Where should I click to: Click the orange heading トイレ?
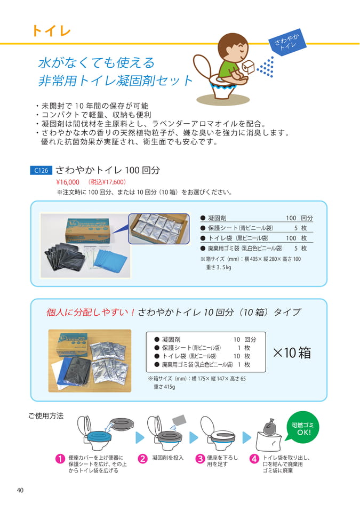point(51,31)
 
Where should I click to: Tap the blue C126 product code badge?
point(41,170)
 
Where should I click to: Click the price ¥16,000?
point(68,182)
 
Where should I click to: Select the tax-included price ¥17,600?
point(107,182)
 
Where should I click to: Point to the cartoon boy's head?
point(233,47)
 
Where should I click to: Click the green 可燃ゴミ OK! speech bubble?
point(302,428)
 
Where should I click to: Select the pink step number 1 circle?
point(60,459)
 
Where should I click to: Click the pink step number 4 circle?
point(254,459)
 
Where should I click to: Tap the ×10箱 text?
point(292,353)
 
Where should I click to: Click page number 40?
point(20,490)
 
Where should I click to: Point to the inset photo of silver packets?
point(159,229)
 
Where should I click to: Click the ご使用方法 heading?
point(46,415)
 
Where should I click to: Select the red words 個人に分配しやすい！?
point(91,313)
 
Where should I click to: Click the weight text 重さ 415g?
point(165,387)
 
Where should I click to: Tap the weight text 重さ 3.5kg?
point(219,267)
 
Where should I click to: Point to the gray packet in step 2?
point(179,420)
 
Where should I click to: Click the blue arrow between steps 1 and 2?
point(140,437)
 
